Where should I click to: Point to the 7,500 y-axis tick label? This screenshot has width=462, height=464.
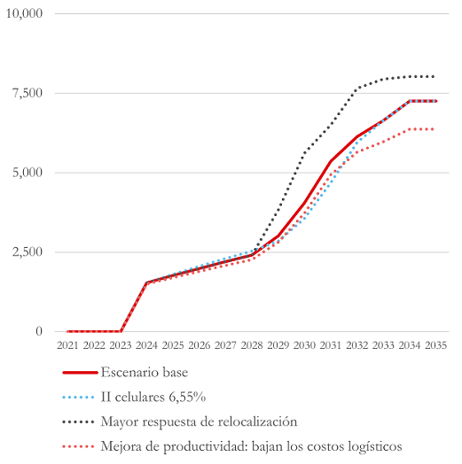27,93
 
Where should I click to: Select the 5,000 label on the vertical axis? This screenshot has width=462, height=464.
27,173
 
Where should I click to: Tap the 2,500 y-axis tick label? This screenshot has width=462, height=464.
27,252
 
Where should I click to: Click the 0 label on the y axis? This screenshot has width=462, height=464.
39,331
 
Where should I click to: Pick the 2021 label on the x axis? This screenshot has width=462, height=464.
67,345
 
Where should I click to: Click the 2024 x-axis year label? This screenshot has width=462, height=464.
146,345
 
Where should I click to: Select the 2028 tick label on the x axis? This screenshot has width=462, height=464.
252,345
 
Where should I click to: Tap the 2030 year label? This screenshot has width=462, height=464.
304,345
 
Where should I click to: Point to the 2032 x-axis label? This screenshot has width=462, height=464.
356,345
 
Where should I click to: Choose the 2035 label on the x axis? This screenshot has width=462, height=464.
435,345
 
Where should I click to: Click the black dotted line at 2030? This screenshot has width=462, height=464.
304,153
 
